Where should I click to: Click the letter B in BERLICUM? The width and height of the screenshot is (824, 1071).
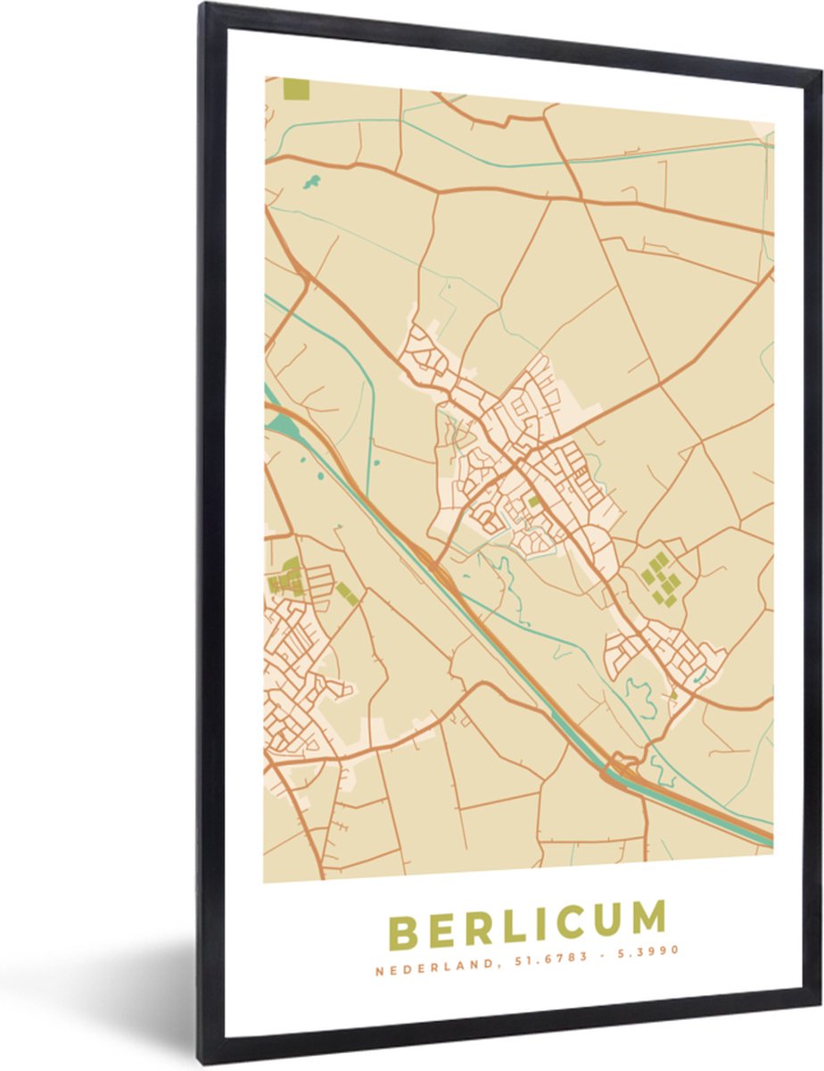(x=405, y=933)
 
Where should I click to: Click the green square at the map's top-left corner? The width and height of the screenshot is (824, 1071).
(x=295, y=89)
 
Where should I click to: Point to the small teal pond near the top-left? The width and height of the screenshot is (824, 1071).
(x=310, y=182)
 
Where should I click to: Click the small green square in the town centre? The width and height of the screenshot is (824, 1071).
(x=533, y=502)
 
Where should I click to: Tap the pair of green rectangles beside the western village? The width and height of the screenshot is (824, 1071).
(x=347, y=593)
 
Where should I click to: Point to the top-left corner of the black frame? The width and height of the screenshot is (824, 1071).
(x=203, y=7)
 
